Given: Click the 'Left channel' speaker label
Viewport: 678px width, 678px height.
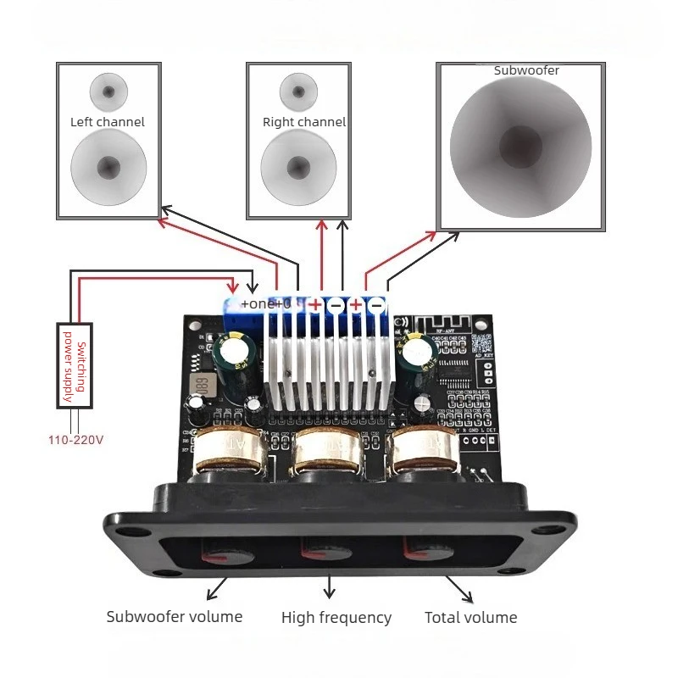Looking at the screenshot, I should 108,122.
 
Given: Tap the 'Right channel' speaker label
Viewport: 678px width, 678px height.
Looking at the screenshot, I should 304,122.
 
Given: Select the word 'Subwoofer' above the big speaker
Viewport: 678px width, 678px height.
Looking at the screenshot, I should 526,70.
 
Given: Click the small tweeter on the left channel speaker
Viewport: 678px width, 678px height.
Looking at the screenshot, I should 108,92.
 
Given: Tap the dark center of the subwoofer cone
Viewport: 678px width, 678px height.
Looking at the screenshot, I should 519,146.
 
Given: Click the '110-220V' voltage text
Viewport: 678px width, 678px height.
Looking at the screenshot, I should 75,440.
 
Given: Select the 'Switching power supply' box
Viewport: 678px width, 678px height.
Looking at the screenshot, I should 75,366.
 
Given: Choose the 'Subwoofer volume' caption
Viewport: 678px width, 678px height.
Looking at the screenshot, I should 175,616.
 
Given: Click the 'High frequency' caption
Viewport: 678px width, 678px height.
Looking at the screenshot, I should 336,618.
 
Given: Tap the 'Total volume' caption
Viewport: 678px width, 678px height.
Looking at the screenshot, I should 470,617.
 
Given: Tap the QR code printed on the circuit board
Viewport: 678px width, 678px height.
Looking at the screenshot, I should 481,343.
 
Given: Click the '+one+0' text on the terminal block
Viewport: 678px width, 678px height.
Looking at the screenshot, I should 265,303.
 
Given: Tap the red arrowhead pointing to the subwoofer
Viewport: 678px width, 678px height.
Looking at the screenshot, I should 431,233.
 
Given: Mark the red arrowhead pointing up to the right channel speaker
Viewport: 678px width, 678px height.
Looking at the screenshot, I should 321,224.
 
